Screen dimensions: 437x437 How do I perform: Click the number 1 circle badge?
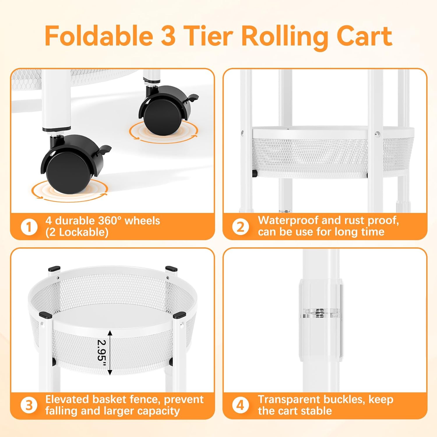click(x=29, y=227)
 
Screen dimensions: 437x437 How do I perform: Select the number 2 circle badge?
click(x=241, y=227)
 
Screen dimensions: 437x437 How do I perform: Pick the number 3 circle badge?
click(x=29, y=405)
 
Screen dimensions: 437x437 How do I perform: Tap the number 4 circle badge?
click(x=241, y=405)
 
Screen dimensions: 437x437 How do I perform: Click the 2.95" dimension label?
click(x=101, y=350)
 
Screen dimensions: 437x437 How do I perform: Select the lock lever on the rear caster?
click(x=191, y=98)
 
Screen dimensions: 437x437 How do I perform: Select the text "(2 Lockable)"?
click(x=77, y=232)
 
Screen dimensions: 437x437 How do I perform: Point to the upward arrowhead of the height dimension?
click(x=110, y=333)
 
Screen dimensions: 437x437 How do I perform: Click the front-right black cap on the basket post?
click(x=179, y=315)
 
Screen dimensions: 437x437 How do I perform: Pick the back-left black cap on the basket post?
click(x=54, y=268)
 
